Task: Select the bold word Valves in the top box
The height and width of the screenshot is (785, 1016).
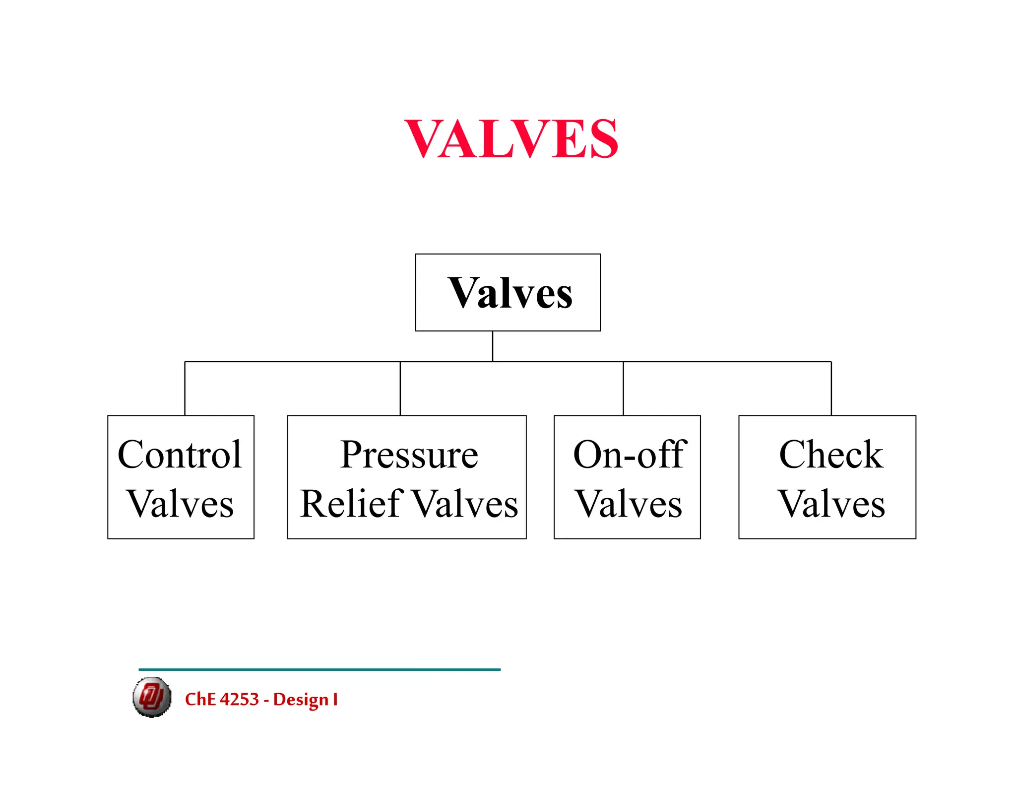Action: point(509,293)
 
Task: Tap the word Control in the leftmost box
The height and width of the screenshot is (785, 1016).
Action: point(180,455)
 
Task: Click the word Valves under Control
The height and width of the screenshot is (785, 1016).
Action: point(181,504)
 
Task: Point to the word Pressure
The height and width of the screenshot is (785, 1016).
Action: point(409,455)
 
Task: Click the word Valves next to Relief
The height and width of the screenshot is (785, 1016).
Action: point(465,504)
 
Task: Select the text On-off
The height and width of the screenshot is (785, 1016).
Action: point(630,455)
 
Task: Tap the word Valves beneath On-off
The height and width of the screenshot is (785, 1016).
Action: point(629,504)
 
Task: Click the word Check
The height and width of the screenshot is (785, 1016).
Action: point(831,455)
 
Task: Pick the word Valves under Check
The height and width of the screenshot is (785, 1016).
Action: point(831,504)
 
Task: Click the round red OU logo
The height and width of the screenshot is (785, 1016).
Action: point(152,697)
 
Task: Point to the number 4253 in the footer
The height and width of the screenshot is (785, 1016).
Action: point(239,699)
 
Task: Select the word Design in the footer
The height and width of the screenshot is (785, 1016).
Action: point(301,700)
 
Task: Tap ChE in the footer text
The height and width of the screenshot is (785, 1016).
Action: point(200,699)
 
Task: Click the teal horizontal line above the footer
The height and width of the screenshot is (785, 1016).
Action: point(319,669)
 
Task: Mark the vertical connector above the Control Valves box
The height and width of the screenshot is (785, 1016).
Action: point(185,389)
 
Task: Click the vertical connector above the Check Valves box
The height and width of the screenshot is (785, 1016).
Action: point(831,389)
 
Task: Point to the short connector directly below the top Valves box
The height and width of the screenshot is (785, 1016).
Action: point(493,346)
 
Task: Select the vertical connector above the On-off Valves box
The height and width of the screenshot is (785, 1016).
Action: point(624,389)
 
